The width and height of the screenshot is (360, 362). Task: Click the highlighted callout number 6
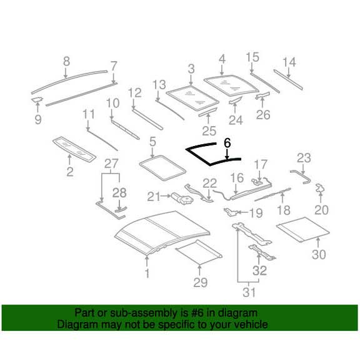[227, 144]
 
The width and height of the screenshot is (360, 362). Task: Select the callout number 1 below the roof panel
[147, 273]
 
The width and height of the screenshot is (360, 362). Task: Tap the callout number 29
[199, 284]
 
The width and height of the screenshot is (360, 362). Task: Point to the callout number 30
[319, 255]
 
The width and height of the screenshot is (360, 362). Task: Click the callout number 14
[288, 62]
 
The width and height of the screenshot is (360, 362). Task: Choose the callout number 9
[37, 119]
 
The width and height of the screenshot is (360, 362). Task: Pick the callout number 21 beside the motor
[154, 197]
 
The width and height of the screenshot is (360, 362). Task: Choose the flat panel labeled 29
[199, 251]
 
